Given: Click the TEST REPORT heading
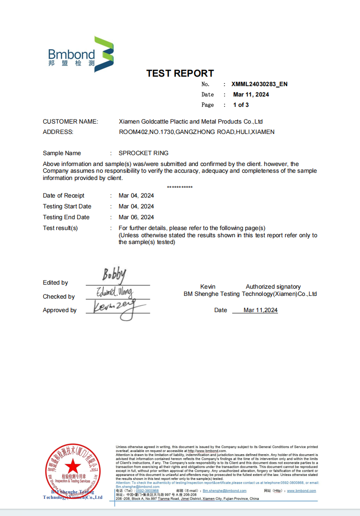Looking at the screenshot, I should [180, 73].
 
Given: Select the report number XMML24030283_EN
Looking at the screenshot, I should [259, 84].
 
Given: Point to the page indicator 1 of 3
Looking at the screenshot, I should [241, 105].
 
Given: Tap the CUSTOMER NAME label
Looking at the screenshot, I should [70, 121].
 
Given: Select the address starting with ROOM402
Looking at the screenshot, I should [197, 132].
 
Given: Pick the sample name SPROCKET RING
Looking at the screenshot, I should [143, 153].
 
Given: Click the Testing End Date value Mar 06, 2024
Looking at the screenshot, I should [136, 217].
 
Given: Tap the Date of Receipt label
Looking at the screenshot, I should [64, 195].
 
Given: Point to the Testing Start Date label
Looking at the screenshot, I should [67, 206].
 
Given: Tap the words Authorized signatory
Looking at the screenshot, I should [273, 286].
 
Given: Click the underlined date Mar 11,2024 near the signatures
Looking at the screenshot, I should [260, 310].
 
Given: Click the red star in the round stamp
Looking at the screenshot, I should [72, 466].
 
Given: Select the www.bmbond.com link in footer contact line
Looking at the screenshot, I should [301, 491].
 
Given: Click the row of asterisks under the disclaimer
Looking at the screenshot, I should [180, 187].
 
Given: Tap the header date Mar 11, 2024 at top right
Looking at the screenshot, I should [251, 94].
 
